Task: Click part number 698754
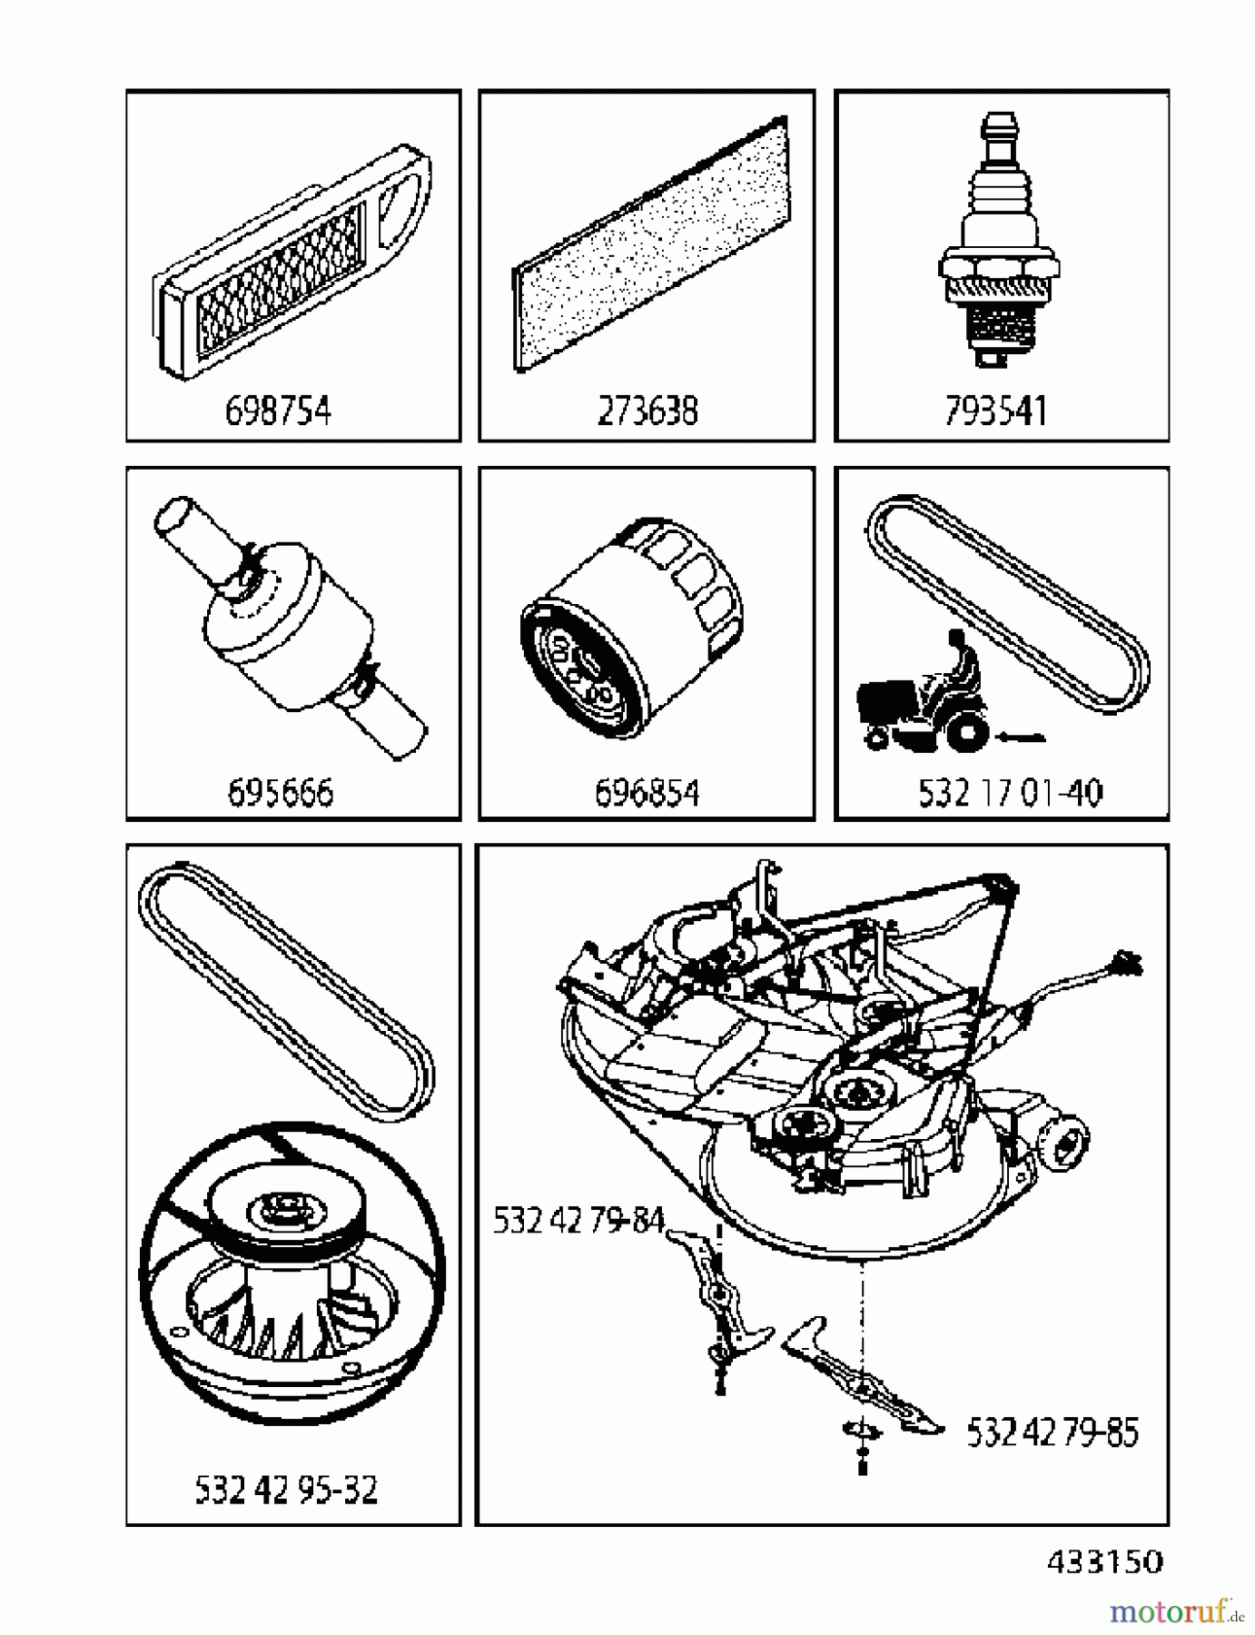(278, 411)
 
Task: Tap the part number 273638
(647, 411)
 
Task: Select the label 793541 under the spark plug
(995, 411)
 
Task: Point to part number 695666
(280, 792)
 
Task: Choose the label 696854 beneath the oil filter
(647, 793)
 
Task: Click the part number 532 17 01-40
(1010, 793)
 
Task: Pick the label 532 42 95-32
(286, 1490)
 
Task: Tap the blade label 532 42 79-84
(578, 1220)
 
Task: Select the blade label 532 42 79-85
(1052, 1432)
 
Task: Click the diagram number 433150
(1104, 1561)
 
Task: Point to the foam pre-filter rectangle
(651, 245)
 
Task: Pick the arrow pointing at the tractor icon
(1019, 738)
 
